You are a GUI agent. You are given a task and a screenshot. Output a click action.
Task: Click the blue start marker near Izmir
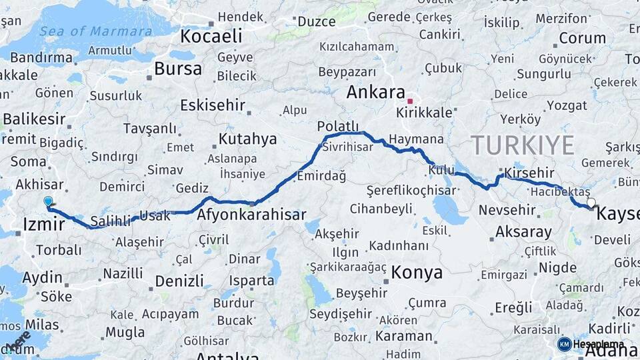click(48, 201)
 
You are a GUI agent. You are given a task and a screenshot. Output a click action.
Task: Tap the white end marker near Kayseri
click(591, 202)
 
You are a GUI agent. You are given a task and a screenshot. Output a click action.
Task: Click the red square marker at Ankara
click(410, 101)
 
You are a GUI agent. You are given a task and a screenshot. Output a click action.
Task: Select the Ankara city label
click(376, 93)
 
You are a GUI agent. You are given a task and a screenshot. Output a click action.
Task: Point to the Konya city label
click(417, 272)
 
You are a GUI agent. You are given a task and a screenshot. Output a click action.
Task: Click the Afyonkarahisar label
click(251, 215)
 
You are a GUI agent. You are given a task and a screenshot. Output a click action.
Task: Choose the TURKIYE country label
click(522, 145)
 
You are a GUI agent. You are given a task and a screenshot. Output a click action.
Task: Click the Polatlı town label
click(338, 126)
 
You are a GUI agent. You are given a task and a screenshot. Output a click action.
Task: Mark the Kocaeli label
click(212, 35)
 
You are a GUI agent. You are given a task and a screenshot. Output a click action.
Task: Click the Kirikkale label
click(424, 113)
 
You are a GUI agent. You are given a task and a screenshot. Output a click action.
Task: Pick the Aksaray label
click(523, 232)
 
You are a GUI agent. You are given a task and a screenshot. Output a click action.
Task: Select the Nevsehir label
click(507, 211)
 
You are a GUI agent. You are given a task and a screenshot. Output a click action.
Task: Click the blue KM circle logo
click(564, 344)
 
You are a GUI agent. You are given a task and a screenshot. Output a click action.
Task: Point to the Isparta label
click(251, 281)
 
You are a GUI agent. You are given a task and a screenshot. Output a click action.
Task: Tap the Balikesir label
click(34, 119)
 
